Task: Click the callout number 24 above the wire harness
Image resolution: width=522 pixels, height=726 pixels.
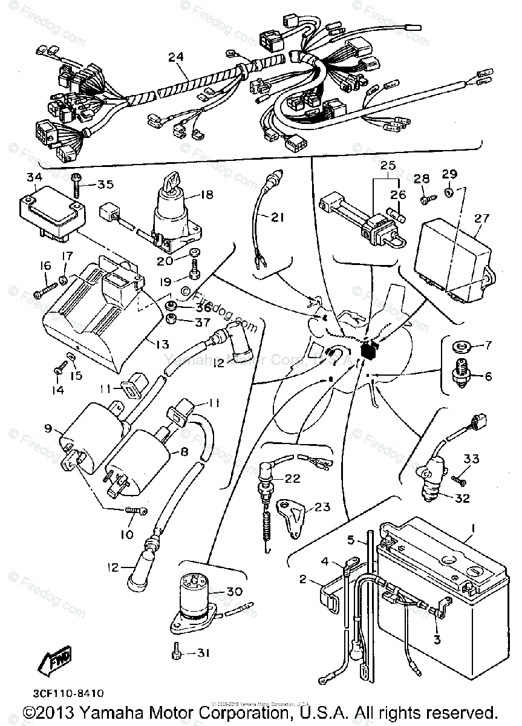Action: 175,58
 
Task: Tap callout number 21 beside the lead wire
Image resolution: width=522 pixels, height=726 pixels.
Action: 276,218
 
